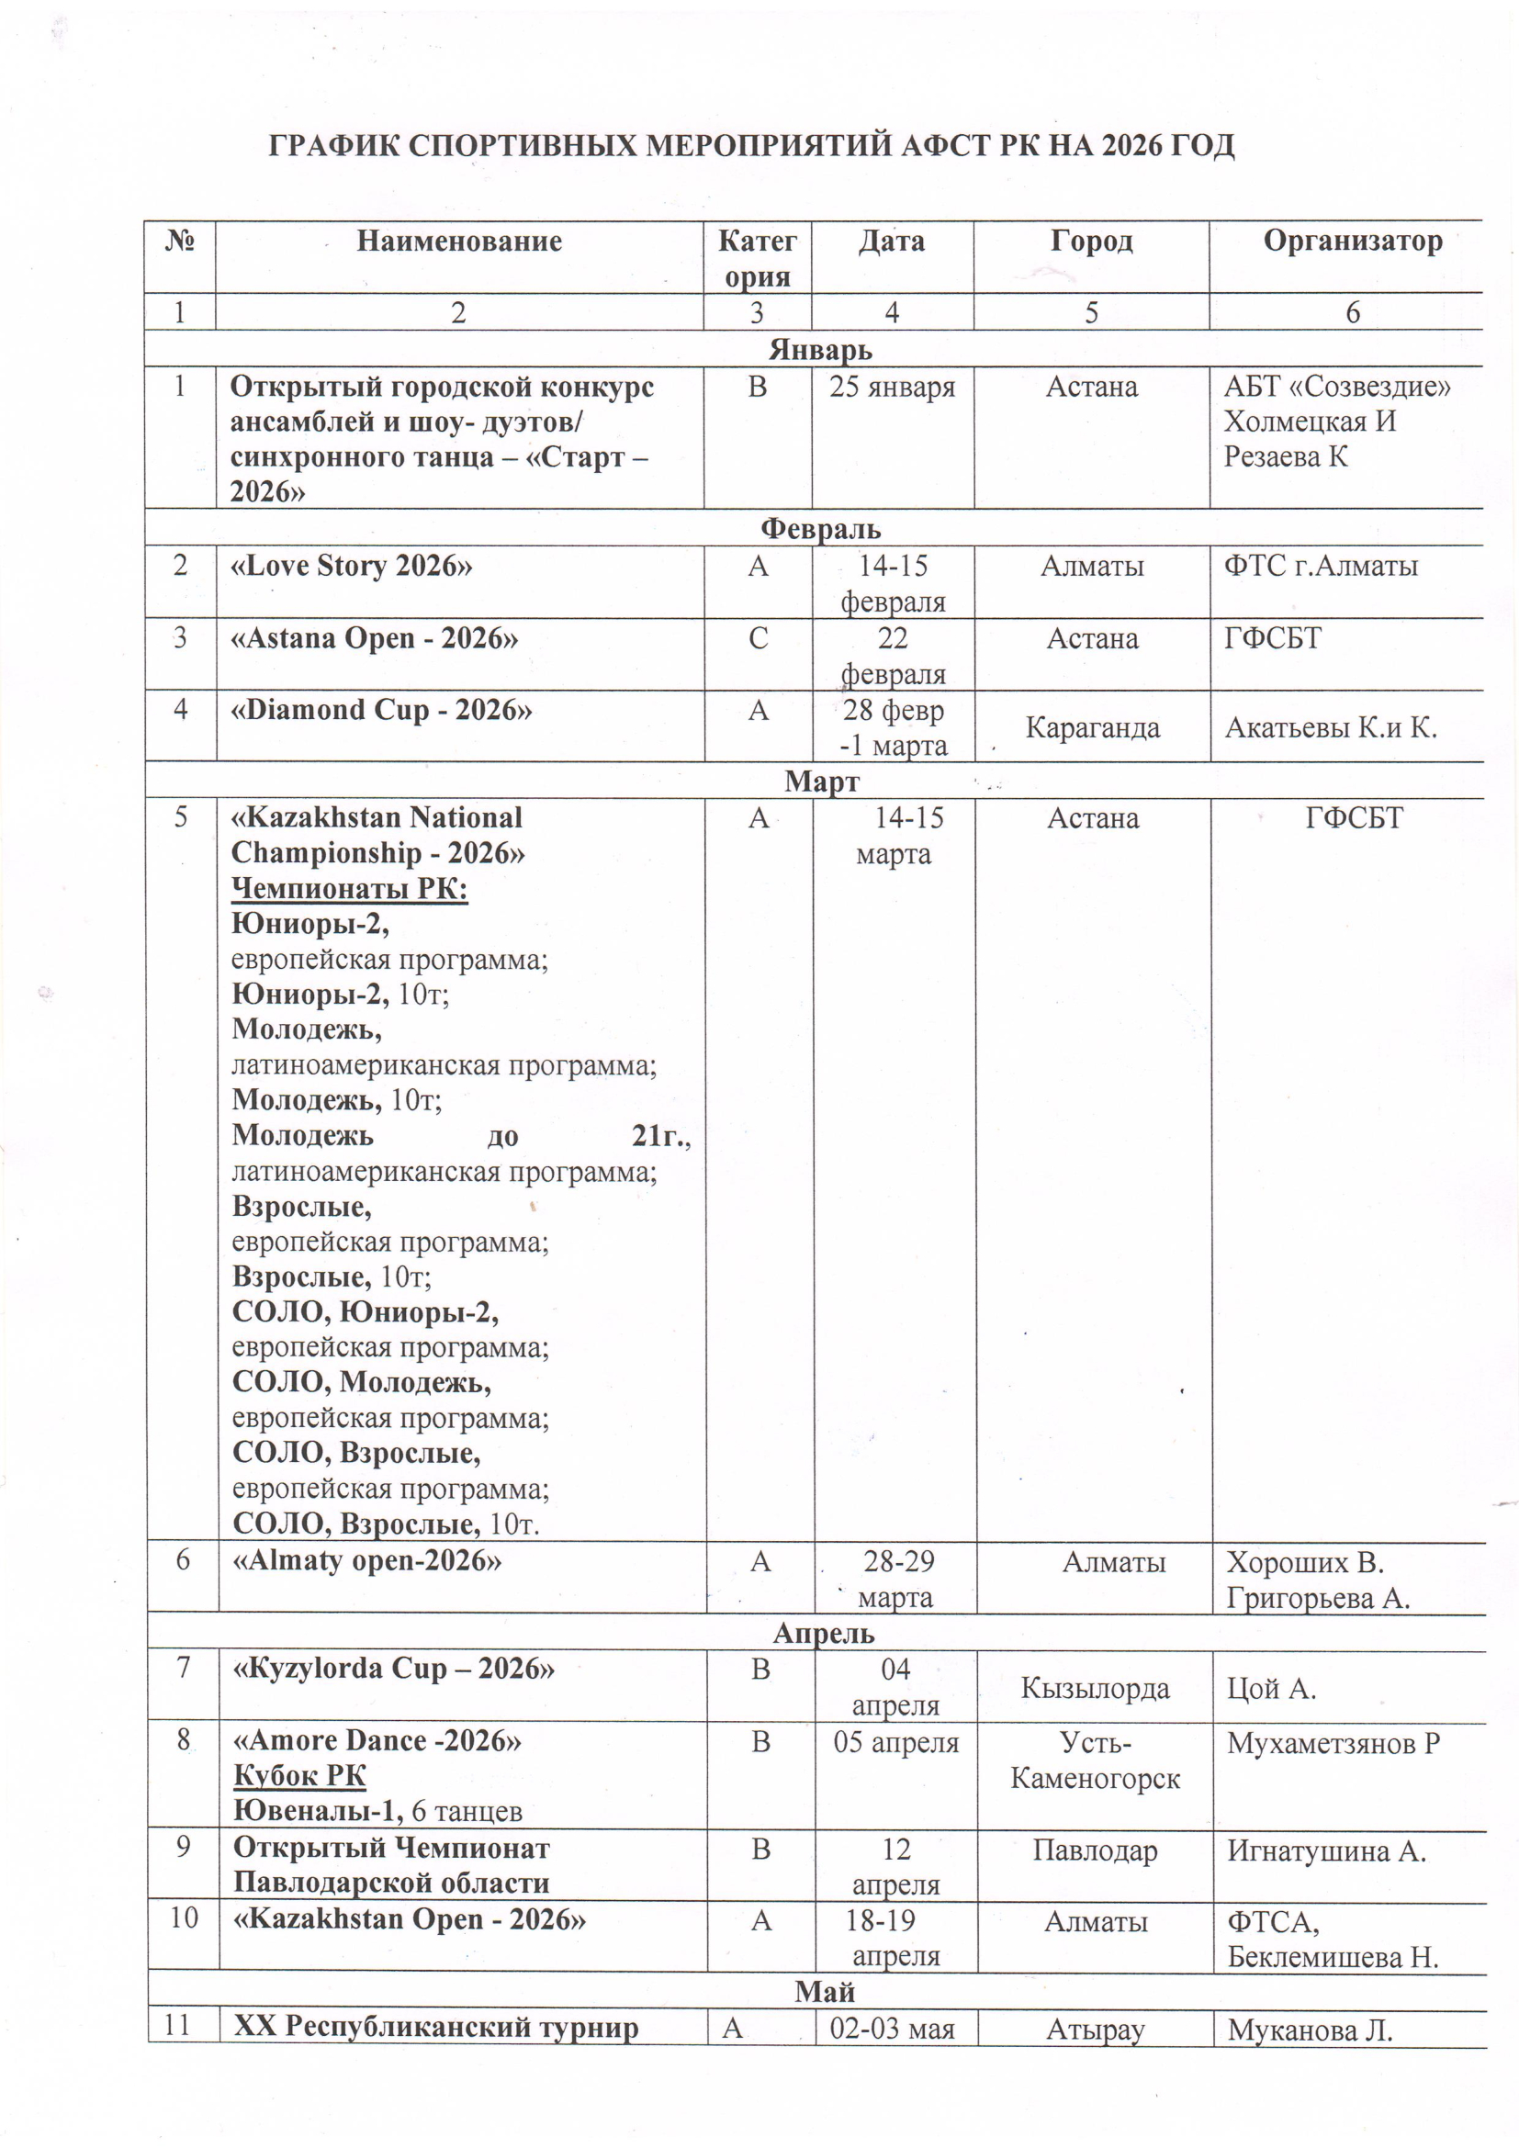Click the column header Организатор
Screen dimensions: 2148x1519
[x=1352, y=242]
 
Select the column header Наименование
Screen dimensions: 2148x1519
[x=458, y=242]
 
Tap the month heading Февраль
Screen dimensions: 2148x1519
[x=819, y=530]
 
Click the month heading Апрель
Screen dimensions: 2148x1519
[x=823, y=1634]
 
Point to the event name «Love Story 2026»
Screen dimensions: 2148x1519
[x=351, y=566]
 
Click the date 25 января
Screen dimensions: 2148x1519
[x=892, y=388]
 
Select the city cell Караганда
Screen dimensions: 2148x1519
[x=1092, y=728]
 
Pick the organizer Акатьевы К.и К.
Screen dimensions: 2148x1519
[x=1330, y=728]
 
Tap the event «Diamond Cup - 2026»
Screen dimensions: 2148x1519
[x=381, y=710]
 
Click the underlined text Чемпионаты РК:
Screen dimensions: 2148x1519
[x=349, y=888]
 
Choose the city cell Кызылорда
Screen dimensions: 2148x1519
[x=1095, y=1689]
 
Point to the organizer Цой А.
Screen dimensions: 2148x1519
[x=1271, y=1689]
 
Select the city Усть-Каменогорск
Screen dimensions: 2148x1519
[x=1095, y=1760]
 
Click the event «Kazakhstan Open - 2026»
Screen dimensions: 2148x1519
[x=409, y=1919]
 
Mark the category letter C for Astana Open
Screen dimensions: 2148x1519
[x=757, y=638]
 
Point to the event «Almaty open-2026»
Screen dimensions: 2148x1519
[x=366, y=1561]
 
